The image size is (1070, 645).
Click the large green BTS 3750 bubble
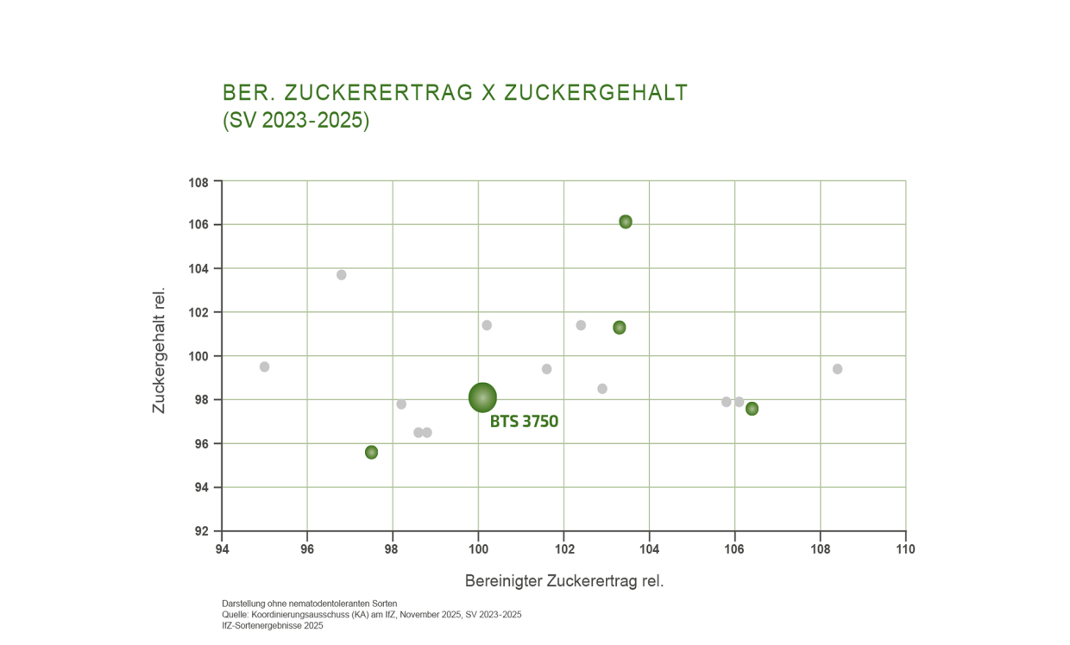click(x=482, y=398)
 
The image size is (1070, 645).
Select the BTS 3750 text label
click(x=524, y=422)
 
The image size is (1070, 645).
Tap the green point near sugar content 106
click(x=626, y=222)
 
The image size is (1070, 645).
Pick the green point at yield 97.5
click(x=371, y=452)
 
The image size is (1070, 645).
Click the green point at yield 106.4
click(x=752, y=409)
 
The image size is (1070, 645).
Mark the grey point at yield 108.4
click(x=837, y=369)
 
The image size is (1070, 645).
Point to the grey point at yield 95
click(x=264, y=366)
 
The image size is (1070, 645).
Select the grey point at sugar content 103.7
click(x=341, y=274)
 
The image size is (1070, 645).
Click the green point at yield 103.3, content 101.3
click(x=619, y=328)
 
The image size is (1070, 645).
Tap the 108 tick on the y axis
click(x=199, y=182)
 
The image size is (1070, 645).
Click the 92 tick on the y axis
click(x=199, y=531)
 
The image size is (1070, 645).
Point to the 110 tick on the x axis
click(x=905, y=548)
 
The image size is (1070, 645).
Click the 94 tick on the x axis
click(x=223, y=548)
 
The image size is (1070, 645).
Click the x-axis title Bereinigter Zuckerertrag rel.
click(x=563, y=581)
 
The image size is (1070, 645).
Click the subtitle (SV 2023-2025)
click(x=296, y=121)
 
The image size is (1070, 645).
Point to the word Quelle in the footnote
click(x=235, y=615)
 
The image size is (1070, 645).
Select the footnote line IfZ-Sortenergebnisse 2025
click(x=272, y=626)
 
